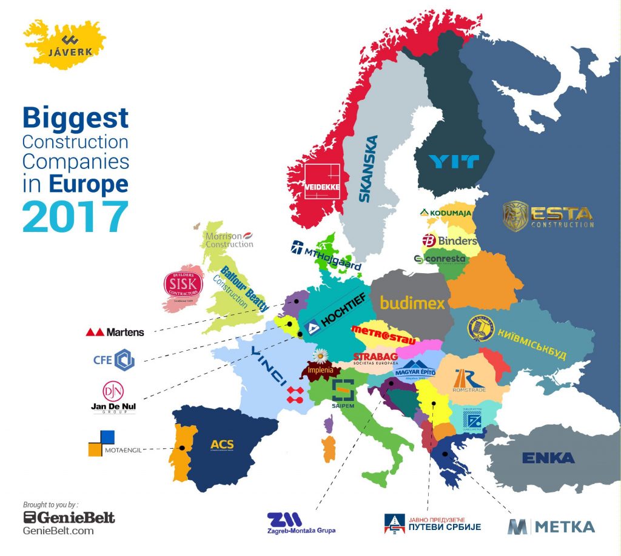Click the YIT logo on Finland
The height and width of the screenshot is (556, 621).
[x=454, y=162]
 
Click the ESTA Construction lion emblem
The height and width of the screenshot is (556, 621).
[x=515, y=216]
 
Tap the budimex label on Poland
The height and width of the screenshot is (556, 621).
[x=412, y=302]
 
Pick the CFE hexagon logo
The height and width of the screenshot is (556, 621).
[x=124, y=359]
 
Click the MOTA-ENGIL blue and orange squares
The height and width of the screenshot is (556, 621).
[x=101, y=442]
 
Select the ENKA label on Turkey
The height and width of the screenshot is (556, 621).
[x=548, y=458]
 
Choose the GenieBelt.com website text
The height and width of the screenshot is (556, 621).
[x=58, y=531]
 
